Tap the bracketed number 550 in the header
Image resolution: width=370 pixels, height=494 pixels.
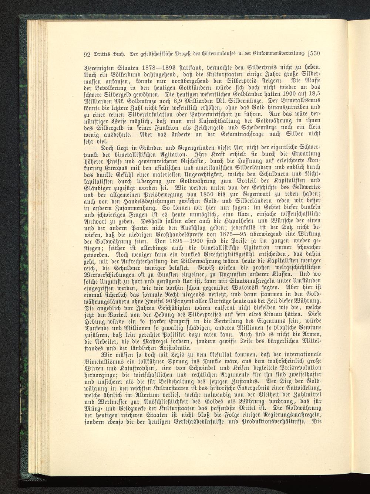click(x=314, y=53)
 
